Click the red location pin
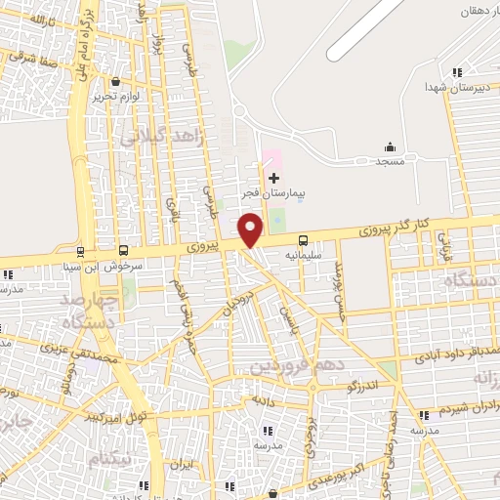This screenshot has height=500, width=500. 251,229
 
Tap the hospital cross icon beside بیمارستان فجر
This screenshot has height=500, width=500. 273,178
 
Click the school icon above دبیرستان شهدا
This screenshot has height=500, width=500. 456,71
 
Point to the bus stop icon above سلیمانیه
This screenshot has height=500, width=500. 303,239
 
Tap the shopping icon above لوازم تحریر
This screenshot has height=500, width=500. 117,81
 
